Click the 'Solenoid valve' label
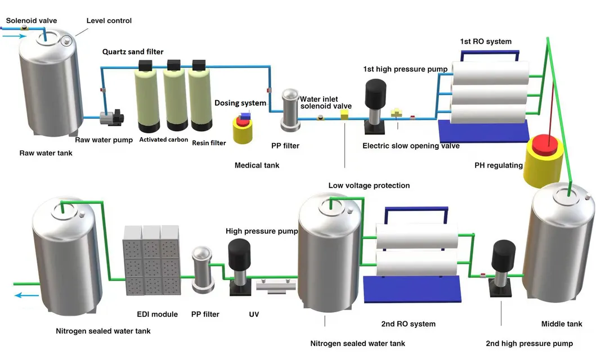32,20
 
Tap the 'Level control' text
109,20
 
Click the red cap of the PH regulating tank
545,145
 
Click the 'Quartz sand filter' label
133,52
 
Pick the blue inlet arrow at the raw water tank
14,36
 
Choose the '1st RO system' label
486,41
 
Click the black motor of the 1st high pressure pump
374,93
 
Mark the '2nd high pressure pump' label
529,343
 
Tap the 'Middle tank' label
561,323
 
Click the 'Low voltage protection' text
369,185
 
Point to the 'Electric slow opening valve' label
411,146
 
